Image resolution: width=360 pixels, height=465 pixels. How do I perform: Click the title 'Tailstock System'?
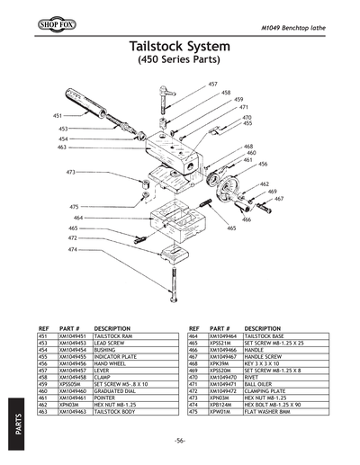180,47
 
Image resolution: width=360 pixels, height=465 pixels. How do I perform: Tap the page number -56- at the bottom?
180,441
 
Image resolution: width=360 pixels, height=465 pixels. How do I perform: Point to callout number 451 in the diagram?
58,116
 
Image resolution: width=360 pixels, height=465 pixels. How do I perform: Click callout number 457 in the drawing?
212,84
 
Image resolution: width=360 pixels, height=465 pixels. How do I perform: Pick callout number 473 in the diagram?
70,171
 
